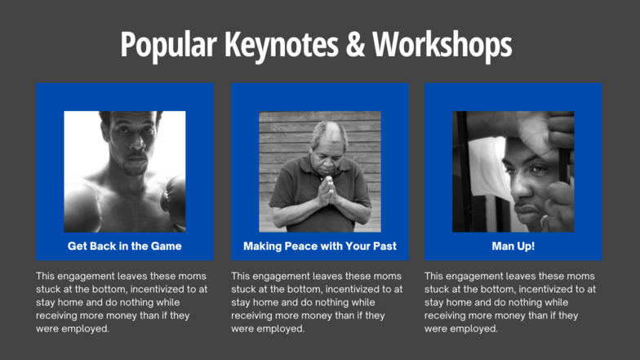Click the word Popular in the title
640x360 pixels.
[x=168, y=45]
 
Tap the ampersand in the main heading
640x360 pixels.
[x=355, y=44]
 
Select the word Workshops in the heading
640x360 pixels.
[x=442, y=45]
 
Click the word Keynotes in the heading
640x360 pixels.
[x=281, y=45]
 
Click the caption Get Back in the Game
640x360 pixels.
[x=124, y=247]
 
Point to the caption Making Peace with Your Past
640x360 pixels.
[x=320, y=247]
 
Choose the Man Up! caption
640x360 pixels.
[x=513, y=247]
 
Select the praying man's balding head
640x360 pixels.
[x=328, y=132]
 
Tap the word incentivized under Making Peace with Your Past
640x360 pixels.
[x=349, y=289]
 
